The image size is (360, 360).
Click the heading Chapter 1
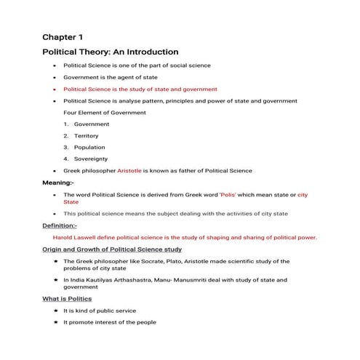click(x=65, y=37)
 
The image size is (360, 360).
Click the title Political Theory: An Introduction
click(x=110, y=52)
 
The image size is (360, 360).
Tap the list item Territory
click(x=86, y=136)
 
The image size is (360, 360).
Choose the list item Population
click(x=87, y=147)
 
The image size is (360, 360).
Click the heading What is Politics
click(x=67, y=299)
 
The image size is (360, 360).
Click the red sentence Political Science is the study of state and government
click(x=140, y=89)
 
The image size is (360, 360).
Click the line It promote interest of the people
click(x=110, y=322)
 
